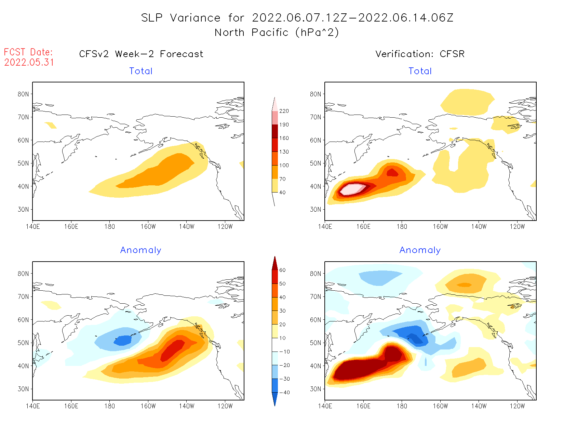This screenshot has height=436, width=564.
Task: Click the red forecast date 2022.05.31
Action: (29, 63)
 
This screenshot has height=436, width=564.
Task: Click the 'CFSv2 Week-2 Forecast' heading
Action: (141, 54)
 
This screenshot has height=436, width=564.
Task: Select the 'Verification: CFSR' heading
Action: (420, 54)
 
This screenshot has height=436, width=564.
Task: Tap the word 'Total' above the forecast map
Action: (141, 71)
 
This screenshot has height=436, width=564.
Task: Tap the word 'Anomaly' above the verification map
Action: (420, 250)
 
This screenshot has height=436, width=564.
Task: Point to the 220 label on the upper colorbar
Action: (284, 111)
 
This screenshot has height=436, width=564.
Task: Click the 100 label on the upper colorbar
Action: (284, 165)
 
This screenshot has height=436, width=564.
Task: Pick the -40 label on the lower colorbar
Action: (284, 393)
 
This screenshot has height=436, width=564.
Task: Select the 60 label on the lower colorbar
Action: (282, 270)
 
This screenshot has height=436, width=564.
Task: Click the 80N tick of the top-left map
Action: (23, 94)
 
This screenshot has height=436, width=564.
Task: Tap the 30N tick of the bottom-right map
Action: (315, 389)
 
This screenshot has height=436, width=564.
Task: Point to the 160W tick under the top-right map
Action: (440, 226)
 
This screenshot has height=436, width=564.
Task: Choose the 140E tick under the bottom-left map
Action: (33, 406)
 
